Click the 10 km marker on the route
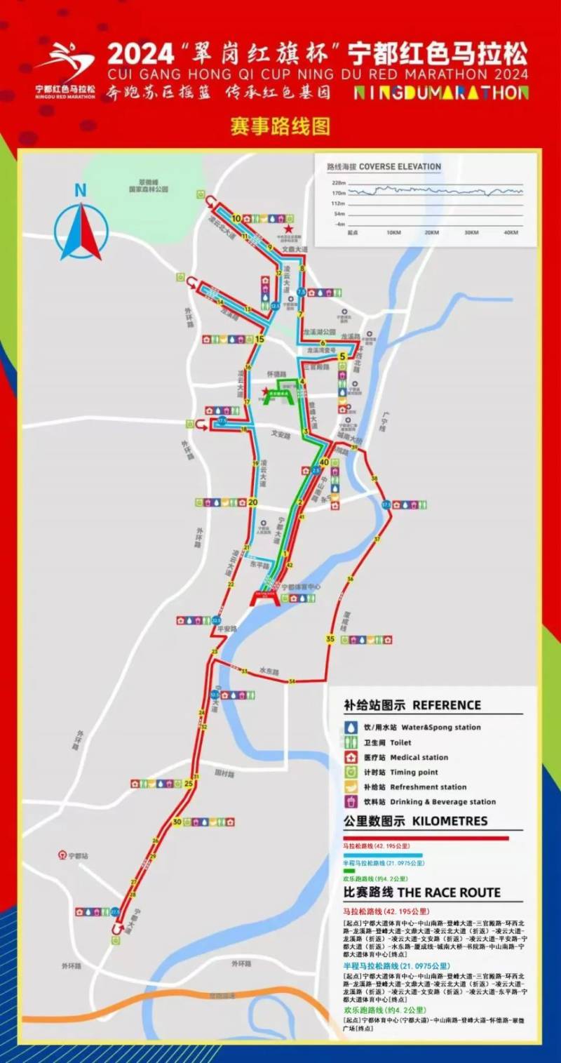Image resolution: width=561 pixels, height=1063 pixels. pos(236,218)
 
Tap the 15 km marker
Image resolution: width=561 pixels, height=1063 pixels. pos(259,340)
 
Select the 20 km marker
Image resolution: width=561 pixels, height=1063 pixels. pos(253,502)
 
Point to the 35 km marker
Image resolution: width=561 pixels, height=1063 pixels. pos(330,639)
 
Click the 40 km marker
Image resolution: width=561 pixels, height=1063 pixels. pos(324,462)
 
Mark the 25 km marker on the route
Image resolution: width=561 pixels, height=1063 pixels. pos(189,784)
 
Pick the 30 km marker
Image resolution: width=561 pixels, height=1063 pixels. pos(177,822)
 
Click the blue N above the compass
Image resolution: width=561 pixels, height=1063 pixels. pos(81,189)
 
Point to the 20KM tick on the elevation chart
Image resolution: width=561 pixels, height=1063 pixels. pos(432,232)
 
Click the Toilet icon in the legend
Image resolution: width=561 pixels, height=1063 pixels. pos(351,742)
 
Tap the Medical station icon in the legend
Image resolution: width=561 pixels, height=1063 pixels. pos(351,757)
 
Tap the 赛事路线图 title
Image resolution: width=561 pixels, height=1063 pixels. pos(280,127)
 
